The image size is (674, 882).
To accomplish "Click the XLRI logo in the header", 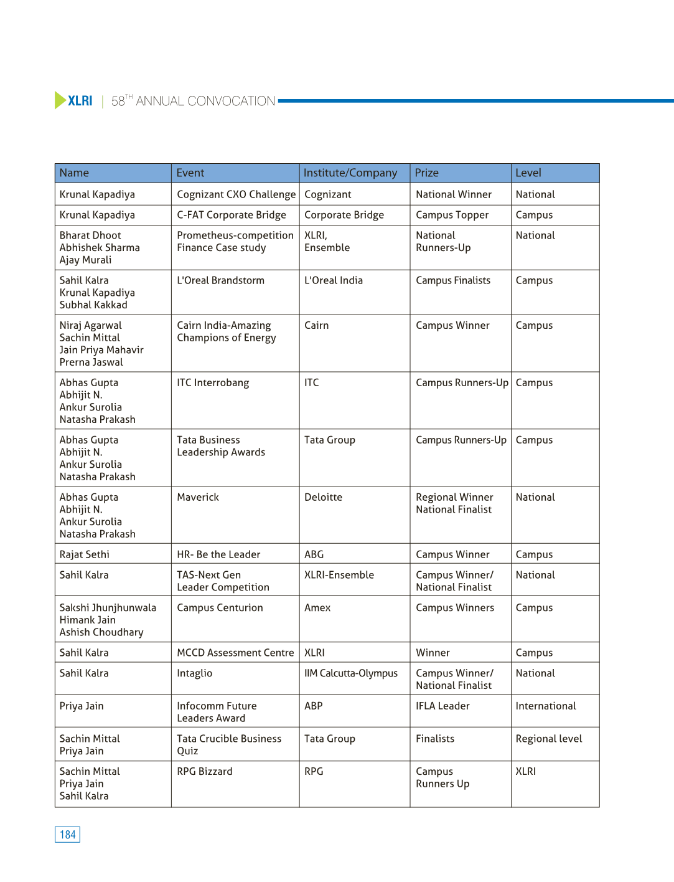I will coord(74,100).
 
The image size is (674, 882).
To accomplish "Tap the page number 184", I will coord(67,835).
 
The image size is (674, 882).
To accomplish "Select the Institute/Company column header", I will coord(350,173).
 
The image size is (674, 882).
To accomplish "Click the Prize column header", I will coord(427,173).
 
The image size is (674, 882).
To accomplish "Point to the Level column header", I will coord(528,173).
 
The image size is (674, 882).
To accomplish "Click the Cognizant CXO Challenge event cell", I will coord(236,194).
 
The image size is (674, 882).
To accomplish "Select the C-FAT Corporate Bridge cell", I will coord(231,215).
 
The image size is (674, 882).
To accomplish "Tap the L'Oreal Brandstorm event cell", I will coord(220,280).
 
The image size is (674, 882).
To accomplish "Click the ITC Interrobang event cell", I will coord(213,382).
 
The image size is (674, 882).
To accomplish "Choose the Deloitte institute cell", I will coord(323,497).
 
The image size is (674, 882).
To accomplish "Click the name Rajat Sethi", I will coord(85,554).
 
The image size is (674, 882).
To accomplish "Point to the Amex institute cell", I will coord(317,607).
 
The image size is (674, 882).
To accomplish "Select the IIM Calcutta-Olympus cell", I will coord(350,673).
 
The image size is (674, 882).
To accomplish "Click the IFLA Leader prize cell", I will coord(442,706).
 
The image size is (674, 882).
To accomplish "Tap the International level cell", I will coord(546,706).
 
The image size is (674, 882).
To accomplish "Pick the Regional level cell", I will coord(549,739).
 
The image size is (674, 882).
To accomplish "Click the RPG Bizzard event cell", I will coord(205,771).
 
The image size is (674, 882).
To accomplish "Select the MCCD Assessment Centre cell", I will coord(235,653).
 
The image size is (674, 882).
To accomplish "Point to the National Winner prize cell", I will coord(454,194).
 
